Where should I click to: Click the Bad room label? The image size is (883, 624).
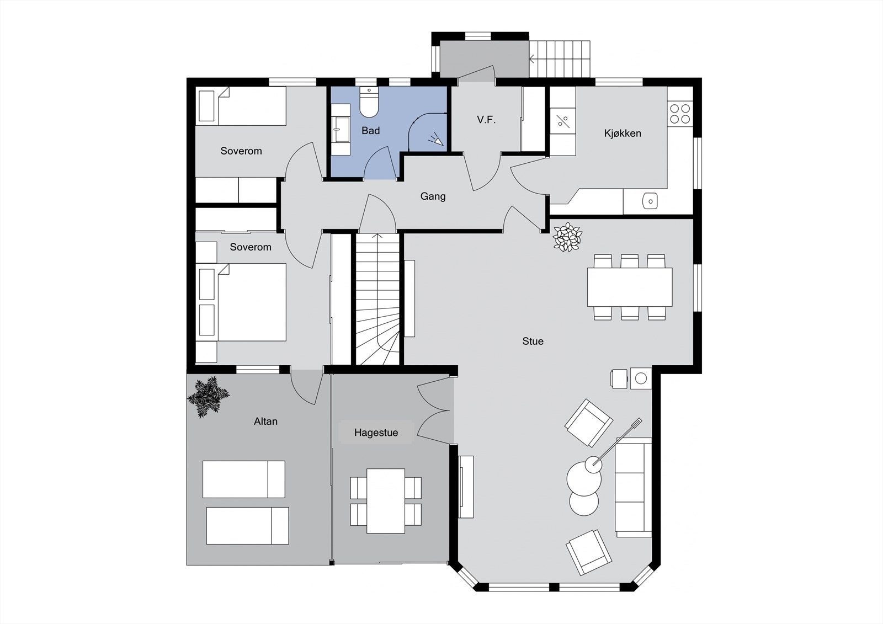pos(370,131)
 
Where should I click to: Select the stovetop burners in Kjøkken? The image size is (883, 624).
pos(679,113)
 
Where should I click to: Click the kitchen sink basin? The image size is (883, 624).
pos(650,201)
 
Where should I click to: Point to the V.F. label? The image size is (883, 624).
pos(486,120)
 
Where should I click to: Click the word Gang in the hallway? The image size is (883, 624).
pos(433,196)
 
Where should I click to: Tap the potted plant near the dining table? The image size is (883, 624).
pos(567,237)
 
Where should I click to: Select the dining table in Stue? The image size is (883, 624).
pos(630,287)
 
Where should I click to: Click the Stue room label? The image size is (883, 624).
pos(533,342)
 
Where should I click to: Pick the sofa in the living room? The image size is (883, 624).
pos(633,487)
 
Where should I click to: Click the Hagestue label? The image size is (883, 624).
pos(376,433)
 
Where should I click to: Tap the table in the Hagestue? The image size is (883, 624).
pos(386,500)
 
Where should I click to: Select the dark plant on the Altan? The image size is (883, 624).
pos(208,396)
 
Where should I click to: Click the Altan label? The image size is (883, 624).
pos(265,422)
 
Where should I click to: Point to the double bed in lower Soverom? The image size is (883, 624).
pos(251,302)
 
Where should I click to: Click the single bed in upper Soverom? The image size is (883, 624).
pos(251,106)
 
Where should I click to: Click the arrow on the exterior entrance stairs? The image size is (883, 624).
pos(533,56)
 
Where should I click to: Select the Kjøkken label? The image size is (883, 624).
pos(623,134)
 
